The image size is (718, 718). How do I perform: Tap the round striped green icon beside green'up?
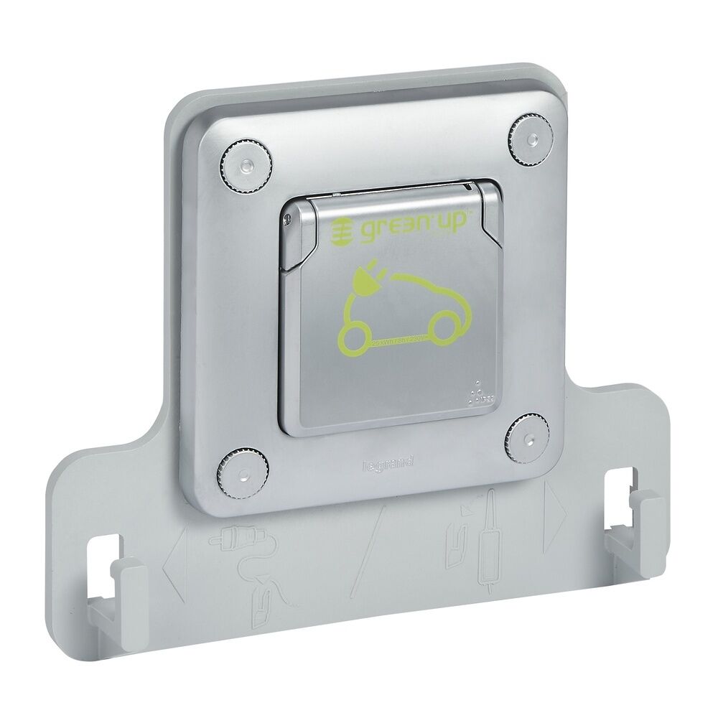click(x=342, y=230)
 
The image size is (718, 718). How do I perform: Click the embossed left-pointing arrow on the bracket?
click(x=174, y=563)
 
